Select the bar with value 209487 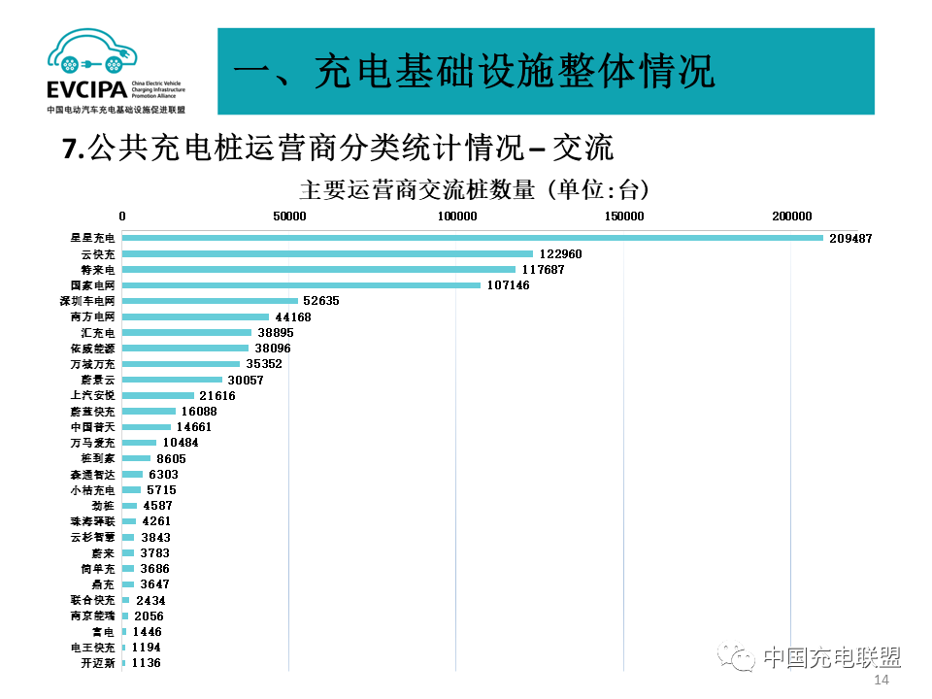pyautogui.click(x=472, y=238)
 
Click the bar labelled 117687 pyautogui.click(x=318, y=269)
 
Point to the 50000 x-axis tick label pyautogui.click(x=289, y=216)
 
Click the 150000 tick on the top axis pyautogui.click(x=623, y=216)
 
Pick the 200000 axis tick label pyautogui.click(x=791, y=216)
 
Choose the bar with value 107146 pyautogui.click(x=301, y=285)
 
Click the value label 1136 pyautogui.click(x=146, y=663)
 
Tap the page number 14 pyautogui.click(x=882, y=681)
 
